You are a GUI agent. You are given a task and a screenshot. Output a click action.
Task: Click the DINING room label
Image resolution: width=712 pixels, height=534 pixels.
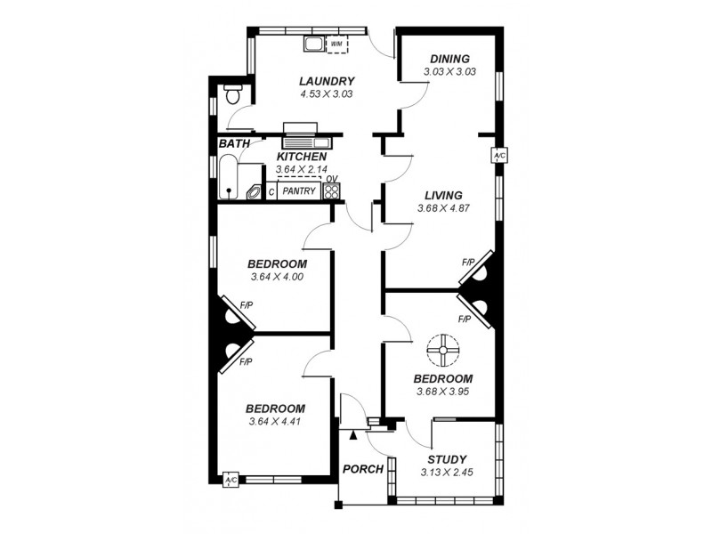pyautogui.click(x=449, y=59)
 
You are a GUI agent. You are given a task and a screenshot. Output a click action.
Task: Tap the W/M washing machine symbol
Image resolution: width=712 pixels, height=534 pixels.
pyautogui.click(x=337, y=44)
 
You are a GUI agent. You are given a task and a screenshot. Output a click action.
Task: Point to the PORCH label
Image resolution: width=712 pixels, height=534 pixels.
pyautogui.click(x=363, y=469)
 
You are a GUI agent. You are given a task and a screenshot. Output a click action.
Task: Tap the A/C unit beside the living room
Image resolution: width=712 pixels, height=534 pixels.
pyautogui.click(x=498, y=156)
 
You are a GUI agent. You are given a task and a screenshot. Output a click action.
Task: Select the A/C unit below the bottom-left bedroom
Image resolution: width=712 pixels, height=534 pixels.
pyautogui.click(x=231, y=480)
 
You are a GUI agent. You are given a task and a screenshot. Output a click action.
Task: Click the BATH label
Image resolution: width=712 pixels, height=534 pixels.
pyautogui.click(x=234, y=143)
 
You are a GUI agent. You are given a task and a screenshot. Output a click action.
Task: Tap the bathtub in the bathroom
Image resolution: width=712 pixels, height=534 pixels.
pyautogui.click(x=229, y=178)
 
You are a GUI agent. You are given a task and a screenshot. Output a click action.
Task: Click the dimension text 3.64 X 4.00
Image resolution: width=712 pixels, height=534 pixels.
pyautogui.click(x=278, y=277)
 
